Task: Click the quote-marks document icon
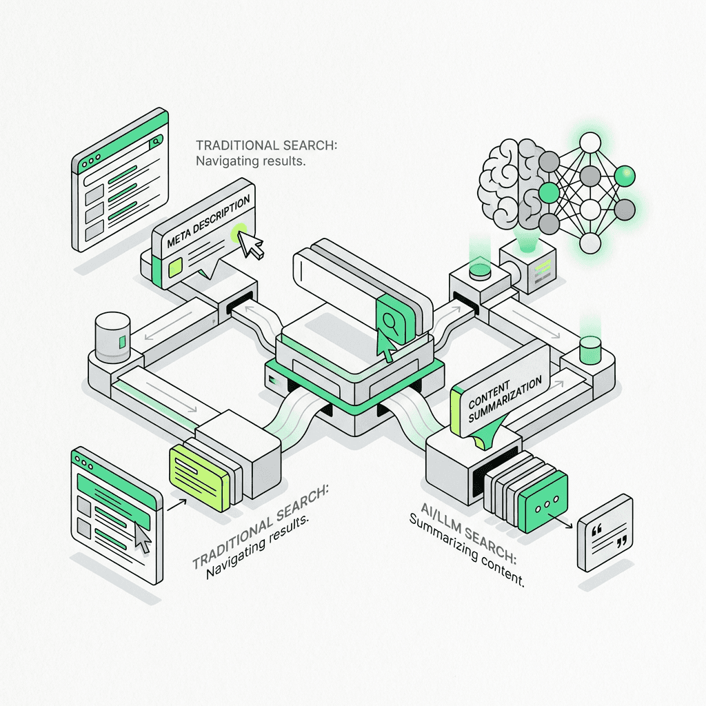[605, 532]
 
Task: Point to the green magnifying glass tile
[391, 321]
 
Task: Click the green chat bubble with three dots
[546, 503]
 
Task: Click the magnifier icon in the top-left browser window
[157, 140]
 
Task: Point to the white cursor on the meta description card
[252, 245]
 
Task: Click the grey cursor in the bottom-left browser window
[143, 538]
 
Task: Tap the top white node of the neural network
[590, 143]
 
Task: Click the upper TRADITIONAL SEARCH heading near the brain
[267, 145]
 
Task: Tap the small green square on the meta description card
[177, 267]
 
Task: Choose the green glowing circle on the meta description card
[239, 230]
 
